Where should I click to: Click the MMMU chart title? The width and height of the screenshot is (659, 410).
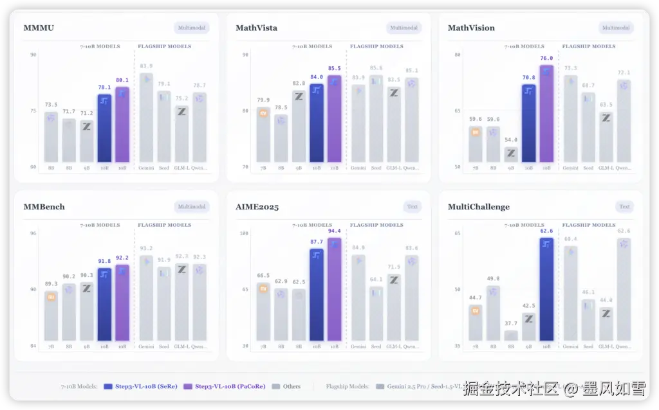(x=38, y=28)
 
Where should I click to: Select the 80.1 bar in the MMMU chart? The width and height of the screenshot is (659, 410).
(x=122, y=125)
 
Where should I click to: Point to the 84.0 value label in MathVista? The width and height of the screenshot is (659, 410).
(x=317, y=77)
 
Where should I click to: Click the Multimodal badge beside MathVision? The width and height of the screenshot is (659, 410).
(x=616, y=28)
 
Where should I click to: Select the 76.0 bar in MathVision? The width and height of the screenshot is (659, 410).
(x=546, y=114)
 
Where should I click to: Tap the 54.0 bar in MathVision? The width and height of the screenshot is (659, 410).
(x=511, y=155)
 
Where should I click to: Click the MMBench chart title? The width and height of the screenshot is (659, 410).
(x=44, y=207)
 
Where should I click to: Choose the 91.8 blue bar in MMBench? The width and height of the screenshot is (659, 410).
(x=104, y=305)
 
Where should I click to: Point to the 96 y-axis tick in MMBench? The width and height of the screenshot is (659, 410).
(x=33, y=233)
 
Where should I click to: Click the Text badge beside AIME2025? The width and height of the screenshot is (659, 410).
(x=412, y=207)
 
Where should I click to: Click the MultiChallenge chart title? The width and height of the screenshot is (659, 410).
(x=478, y=207)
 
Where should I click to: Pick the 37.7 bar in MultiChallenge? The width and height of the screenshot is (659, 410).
(x=511, y=335)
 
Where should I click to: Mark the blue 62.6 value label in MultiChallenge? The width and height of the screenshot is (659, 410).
(x=546, y=230)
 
